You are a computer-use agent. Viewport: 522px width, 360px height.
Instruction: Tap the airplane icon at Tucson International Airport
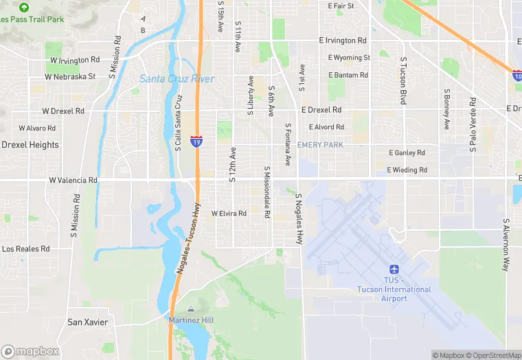[x=394, y=270]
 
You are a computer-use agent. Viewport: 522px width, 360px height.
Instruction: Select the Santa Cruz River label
[x=177, y=79]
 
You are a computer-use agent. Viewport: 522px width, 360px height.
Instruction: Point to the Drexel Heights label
[x=30, y=145]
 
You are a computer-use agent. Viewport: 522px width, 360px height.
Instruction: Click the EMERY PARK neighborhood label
[x=320, y=145]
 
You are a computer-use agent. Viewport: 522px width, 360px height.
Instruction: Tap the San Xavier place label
[x=87, y=322]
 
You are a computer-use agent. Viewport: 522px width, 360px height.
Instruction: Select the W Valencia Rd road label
[x=73, y=180]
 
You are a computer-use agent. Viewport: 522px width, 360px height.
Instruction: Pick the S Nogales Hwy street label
[x=299, y=218]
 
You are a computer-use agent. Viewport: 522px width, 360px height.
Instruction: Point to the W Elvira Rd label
[x=229, y=214]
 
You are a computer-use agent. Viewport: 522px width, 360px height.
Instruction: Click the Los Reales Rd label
[x=26, y=249]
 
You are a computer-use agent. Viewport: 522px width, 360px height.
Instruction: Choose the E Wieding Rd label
[x=407, y=170]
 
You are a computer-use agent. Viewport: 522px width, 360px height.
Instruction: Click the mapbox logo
[x=30, y=351]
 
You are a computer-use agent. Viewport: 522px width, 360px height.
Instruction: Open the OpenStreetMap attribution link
[x=492, y=355]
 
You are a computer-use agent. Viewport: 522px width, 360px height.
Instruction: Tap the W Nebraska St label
[x=73, y=76]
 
